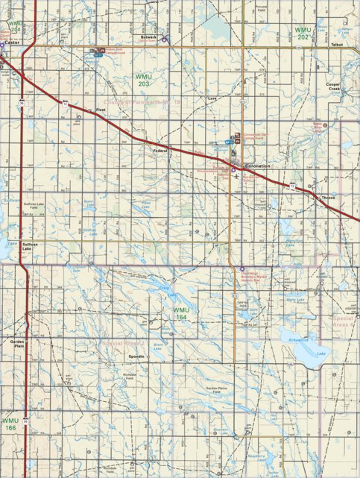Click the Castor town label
click(x=10, y=44)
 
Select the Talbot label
click(x=338, y=45)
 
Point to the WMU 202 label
click(x=302, y=33)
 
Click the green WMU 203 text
click(x=142, y=81)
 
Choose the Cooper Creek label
click(x=333, y=87)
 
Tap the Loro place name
click(x=212, y=98)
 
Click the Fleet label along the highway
click(x=101, y=110)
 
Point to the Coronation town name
click(x=258, y=166)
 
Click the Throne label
click(x=329, y=198)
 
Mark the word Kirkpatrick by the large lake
click(x=299, y=339)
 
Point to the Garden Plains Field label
click(x=217, y=390)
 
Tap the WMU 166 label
click(x=10, y=424)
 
